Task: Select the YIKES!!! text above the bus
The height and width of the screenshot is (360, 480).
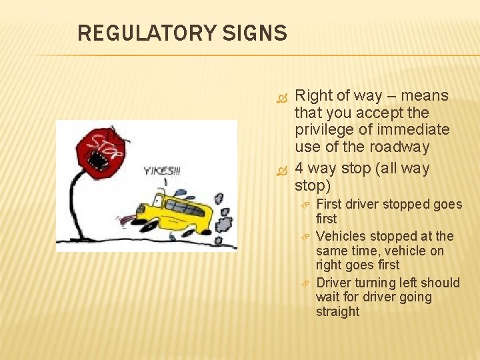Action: (161, 171)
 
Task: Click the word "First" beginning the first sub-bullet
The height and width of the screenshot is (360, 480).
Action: (330, 204)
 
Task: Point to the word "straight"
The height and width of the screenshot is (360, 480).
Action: (337, 312)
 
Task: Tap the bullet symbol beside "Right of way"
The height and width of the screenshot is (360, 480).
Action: (281, 97)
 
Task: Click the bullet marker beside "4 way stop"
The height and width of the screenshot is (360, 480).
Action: (281, 170)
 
